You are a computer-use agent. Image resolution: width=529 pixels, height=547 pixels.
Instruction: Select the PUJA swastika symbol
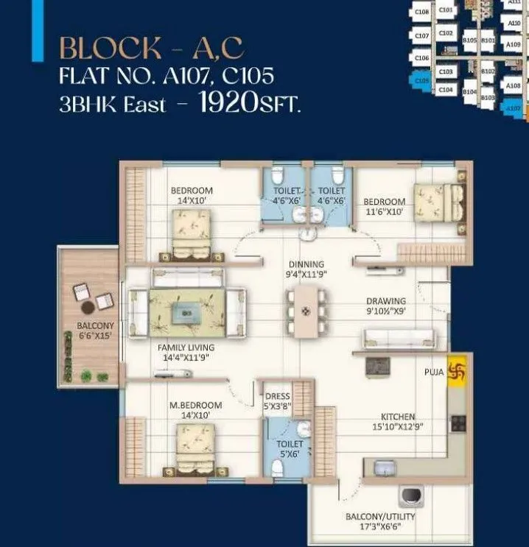coord(458,372)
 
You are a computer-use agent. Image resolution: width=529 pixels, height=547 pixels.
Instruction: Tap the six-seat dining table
coord(306,311)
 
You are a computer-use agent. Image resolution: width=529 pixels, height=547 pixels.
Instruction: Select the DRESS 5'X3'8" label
coord(277,400)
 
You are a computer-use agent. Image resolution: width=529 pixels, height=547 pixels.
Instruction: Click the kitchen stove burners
coord(458,423)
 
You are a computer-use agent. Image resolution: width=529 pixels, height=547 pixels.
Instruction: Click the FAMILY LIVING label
coord(186,352)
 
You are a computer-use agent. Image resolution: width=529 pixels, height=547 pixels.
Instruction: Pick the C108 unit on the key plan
coord(421,12)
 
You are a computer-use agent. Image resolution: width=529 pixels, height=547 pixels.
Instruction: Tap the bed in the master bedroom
coord(193,446)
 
